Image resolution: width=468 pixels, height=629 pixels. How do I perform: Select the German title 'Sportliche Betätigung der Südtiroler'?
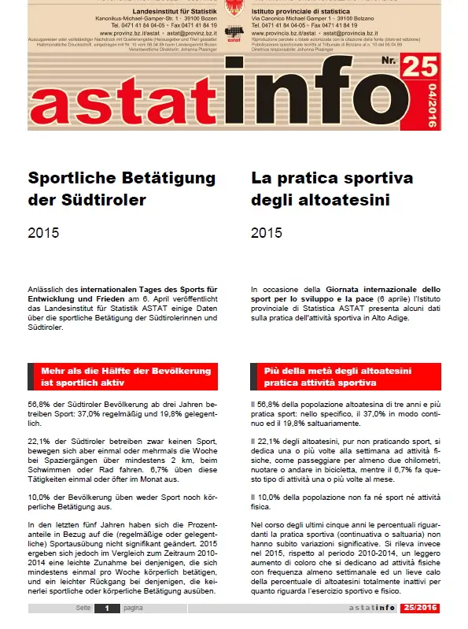point(121,189)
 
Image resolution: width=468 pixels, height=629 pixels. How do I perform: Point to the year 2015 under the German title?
point(42,233)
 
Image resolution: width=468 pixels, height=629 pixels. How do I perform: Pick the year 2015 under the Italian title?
point(266,233)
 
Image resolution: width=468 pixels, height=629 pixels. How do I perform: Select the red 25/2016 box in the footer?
point(419,609)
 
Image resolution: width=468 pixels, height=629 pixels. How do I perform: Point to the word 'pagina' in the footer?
point(131,609)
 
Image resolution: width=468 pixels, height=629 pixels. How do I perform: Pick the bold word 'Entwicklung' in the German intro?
point(53,299)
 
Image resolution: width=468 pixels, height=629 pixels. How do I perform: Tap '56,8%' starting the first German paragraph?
point(39,403)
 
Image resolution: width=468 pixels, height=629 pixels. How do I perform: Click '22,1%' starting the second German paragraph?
point(39,441)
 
